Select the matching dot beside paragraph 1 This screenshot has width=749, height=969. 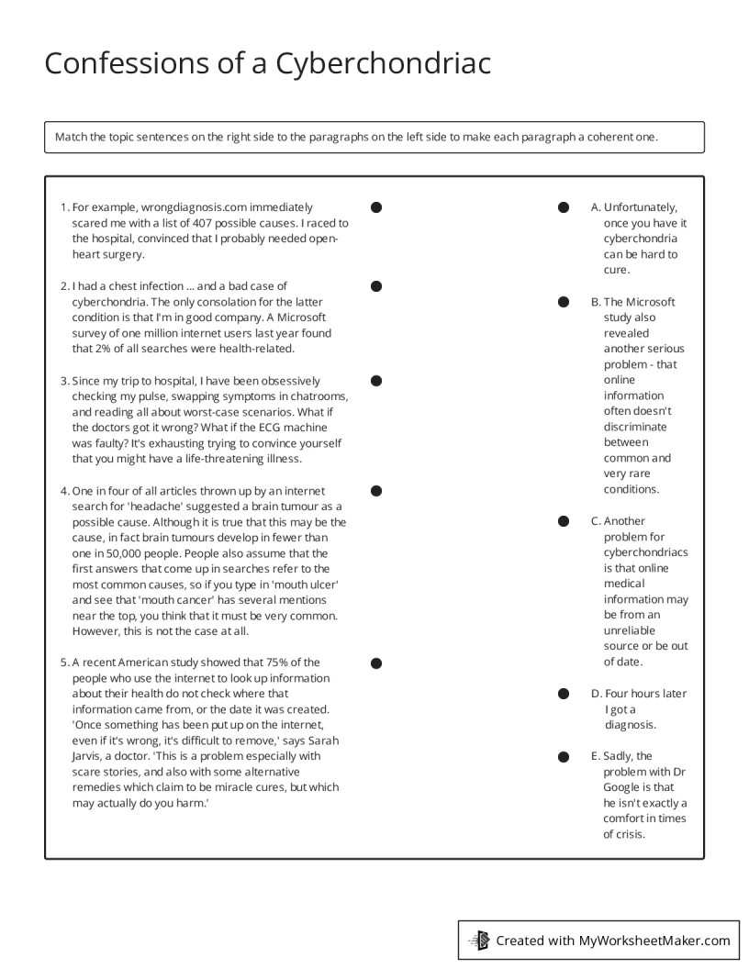tap(376, 207)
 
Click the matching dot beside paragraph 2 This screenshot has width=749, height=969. tap(376, 286)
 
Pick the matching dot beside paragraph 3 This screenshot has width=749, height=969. tap(376, 380)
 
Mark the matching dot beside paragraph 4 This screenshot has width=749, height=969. tap(376, 491)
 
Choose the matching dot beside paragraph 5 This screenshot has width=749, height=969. tap(376, 663)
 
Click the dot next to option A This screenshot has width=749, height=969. tap(564, 207)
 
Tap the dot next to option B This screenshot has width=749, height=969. tap(564, 301)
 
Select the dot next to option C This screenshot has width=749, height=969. tap(564, 521)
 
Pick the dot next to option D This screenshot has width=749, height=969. tap(564, 694)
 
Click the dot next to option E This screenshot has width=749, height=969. tap(564, 756)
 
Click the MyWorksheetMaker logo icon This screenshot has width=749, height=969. tap(479, 940)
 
